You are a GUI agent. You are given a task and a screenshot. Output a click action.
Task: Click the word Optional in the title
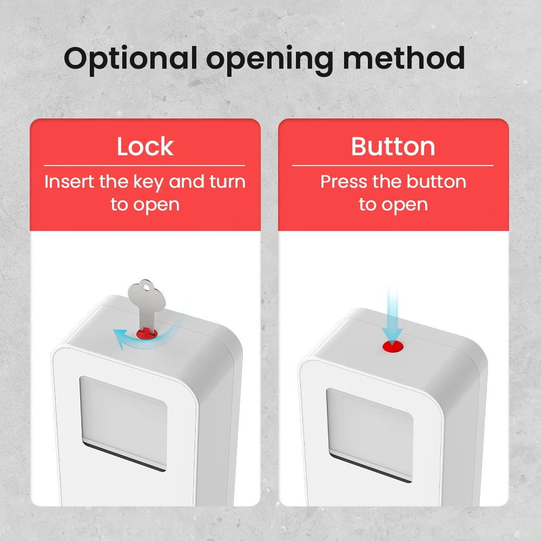pos(130,58)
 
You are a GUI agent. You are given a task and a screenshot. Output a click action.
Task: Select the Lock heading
pos(145,147)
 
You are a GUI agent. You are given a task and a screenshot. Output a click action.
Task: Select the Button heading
pos(393,147)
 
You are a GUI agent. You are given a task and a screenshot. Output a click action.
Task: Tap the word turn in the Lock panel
pos(227,182)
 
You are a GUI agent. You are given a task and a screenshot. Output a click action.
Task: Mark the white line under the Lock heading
pos(144,165)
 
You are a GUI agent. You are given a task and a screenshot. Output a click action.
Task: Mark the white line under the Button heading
pos(393,165)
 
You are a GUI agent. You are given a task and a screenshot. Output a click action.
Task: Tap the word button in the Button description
pos(437,182)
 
